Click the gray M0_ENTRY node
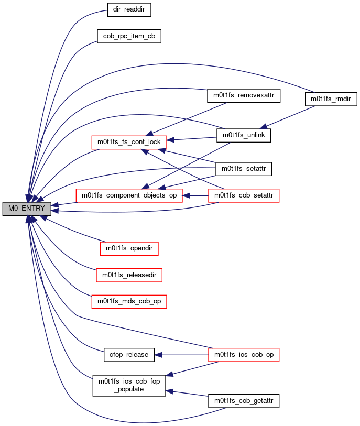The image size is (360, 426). click(x=27, y=209)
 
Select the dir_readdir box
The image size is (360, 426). click(x=129, y=10)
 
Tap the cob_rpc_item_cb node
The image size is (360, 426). click(x=129, y=36)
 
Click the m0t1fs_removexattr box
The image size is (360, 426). click(x=244, y=96)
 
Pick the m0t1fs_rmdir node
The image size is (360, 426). click(x=331, y=99)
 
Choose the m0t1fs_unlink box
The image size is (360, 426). click(x=244, y=135)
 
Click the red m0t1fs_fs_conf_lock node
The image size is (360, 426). click(x=129, y=143)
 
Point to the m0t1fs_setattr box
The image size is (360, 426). click(x=244, y=169)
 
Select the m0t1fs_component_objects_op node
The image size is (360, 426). click(x=129, y=195)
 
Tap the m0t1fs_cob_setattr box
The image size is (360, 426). click(x=244, y=195)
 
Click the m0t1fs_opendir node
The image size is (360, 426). click(x=129, y=248)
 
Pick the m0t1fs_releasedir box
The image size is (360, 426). click(x=129, y=275)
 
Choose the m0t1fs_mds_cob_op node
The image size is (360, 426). click(x=129, y=302)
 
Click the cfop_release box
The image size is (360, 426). click(x=129, y=355)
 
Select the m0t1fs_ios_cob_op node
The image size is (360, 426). click(x=244, y=355)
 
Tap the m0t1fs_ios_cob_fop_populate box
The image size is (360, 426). click(x=129, y=386)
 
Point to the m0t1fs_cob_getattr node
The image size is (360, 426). click(x=244, y=401)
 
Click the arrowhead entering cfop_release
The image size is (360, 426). click(x=158, y=355)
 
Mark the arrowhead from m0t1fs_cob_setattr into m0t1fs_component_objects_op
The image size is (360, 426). click(x=186, y=195)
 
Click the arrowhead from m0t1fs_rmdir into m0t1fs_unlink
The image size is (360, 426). click(x=263, y=127)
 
